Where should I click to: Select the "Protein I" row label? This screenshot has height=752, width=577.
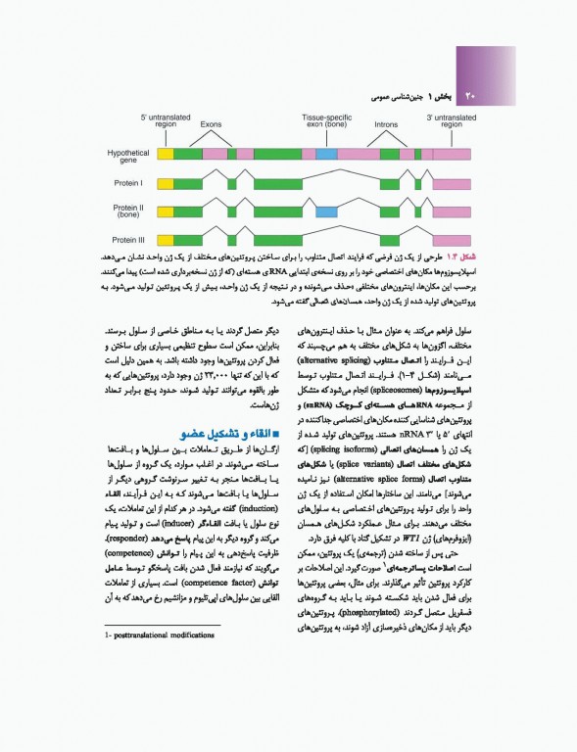pos(127,183)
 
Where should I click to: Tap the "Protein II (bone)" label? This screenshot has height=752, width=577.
pos(127,211)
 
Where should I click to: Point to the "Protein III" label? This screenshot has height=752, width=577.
pos(127,239)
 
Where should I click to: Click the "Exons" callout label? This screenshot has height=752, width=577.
pos(211,125)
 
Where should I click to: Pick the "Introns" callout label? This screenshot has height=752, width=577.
pos(386,125)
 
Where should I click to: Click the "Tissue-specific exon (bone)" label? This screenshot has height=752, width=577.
pos(324,121)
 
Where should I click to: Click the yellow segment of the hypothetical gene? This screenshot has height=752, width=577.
pos(166,155)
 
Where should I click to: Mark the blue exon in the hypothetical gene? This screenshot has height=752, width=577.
pos(326,155)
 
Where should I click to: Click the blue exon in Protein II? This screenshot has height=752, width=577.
pos(326,211)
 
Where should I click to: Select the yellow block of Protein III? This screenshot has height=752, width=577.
pos(166,239)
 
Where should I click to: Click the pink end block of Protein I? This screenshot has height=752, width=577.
pos(451,183)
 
